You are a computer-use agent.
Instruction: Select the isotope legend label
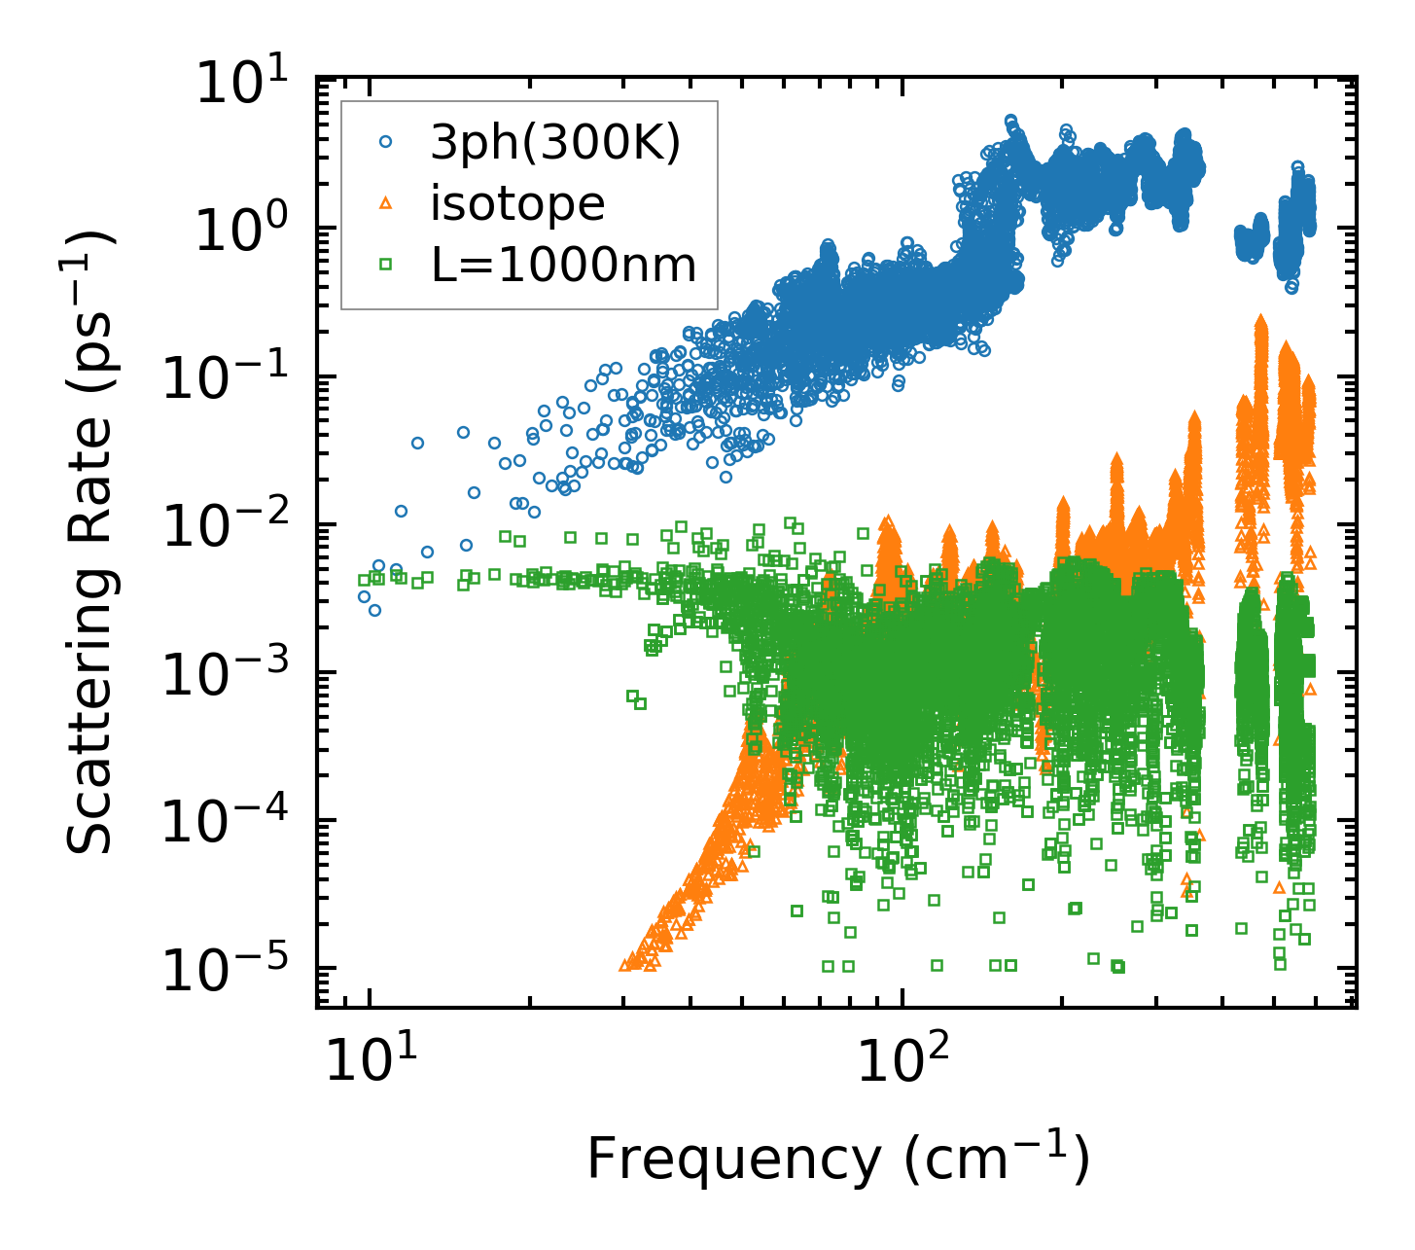pyautogui.click(x=517, y=203)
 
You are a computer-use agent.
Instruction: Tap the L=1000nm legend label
pyautogui.click(x=563, y=265)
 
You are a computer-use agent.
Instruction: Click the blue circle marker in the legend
pyautogui.click(x=386, y=142)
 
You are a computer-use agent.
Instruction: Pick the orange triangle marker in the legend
pyautogui.click(x=386, y=203)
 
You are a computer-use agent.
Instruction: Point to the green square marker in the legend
pyautogui.click(x=386, y=264)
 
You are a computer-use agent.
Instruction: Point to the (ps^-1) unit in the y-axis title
pyautogui.click(x=90, y=302)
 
